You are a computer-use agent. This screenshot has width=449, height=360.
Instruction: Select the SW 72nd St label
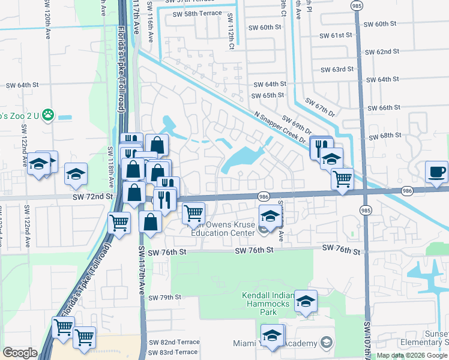click(x=92, y=197)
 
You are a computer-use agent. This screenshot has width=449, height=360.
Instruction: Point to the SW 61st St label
click(x=349, y=35)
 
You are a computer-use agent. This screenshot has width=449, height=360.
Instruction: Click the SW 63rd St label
click(x=350, y=70)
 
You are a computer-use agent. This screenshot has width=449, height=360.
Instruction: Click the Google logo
click(x=20, y=353)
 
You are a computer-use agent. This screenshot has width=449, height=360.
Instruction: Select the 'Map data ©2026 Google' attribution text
click(x=412, y=355)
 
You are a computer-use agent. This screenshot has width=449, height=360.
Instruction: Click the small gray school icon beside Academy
click(x=326, y=343)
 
